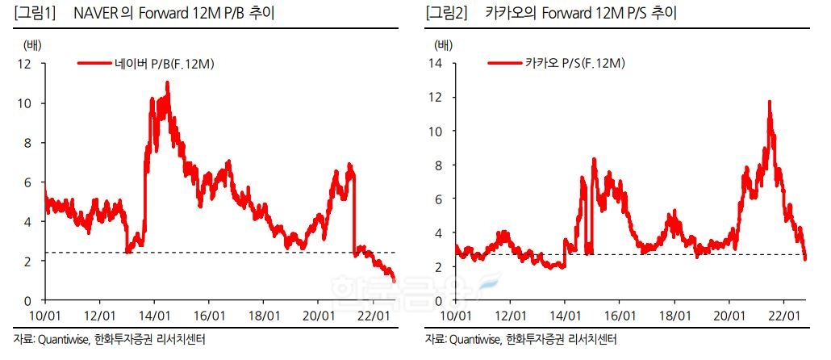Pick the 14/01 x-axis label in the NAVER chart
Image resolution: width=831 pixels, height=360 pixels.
pos(154,314)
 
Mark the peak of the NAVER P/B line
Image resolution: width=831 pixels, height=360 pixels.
pos(167,83)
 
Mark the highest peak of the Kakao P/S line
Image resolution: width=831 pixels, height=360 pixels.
pos(770,102)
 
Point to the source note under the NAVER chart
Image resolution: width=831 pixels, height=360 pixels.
pos(109,339)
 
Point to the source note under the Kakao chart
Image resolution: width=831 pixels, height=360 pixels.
pos(520,339)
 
